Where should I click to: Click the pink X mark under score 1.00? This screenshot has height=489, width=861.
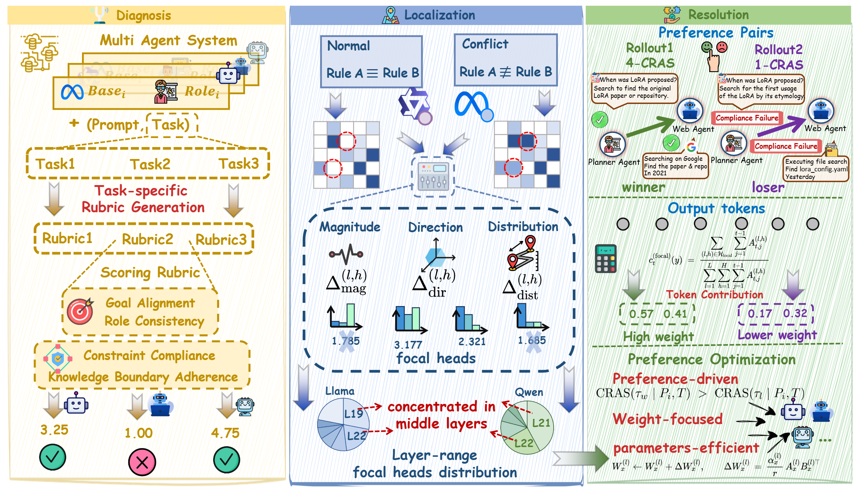(x=142, y=462)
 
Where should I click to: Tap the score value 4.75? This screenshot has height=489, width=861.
(x=225, y=433)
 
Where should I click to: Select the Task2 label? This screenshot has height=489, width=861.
(x=150, y=164)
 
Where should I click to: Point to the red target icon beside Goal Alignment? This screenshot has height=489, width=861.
(x=80, y=312)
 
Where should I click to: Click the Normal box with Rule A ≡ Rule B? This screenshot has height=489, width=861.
(x=372, y=62)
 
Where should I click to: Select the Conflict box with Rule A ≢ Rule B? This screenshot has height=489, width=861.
(x=506, y=60)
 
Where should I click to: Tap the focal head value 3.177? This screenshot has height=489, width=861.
(x=408, y=344)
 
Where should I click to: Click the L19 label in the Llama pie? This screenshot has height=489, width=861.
(x=353, y=414)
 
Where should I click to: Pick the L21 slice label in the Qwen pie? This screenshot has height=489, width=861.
(x=541, y=423)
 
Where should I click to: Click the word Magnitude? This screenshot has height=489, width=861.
(x=350, y=227)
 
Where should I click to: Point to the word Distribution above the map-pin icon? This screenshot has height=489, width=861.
(x=523, y=227)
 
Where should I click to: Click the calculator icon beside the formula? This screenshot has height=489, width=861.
(x=605, y=259)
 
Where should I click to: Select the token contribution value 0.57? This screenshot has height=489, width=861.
(x=641, y=314)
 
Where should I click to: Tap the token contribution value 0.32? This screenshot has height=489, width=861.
(x=795, y=313)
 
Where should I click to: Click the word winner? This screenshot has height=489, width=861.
(x=643, y=187)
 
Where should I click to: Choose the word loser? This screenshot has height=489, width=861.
(x=768, y=187)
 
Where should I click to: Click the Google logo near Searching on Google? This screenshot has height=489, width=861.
(x=691, y=147)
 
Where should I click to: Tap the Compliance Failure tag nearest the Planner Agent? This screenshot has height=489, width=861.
(x=786, y=146)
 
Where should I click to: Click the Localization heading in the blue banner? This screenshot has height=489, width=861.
(x=439, y=15)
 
